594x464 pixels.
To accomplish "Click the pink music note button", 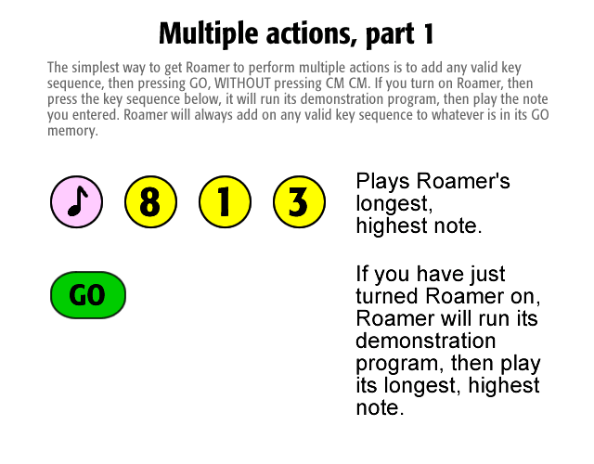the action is [x=76, y=201].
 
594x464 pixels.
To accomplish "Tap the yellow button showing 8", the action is [x=150, y=201].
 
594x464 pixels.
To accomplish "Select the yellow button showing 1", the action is [x=225, y=201].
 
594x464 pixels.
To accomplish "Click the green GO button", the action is [x=88, y=295].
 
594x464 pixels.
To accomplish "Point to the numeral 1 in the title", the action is [x=428, y=33].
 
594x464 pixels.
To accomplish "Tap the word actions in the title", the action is [x=312, y=34].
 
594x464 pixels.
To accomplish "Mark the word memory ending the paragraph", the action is [x=72, y=131].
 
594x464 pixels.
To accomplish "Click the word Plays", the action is [x=383, y=182].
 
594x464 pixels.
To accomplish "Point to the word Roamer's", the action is [x=463, y=181].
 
